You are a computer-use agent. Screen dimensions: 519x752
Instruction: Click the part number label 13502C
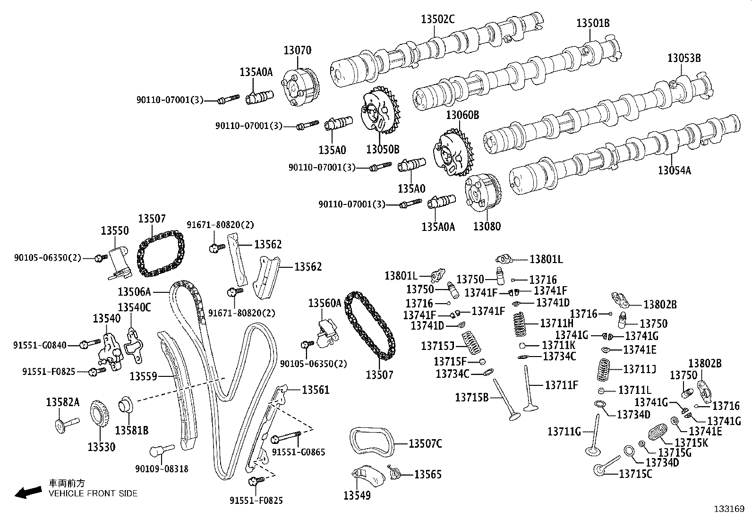(x=437, y=19)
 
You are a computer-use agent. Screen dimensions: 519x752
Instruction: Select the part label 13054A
(x=674, y=170)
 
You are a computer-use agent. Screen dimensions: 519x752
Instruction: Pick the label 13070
(x=297, y=50)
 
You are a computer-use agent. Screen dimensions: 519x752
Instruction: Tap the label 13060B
(x=463, y=115)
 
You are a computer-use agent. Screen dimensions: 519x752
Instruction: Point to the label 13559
(x=143, y=376)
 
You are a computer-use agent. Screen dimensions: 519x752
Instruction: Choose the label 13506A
(x=134, y=292)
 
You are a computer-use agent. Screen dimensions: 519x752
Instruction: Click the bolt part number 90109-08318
(x=162, y=469)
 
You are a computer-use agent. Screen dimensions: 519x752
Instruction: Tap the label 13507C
(x=425, y=443)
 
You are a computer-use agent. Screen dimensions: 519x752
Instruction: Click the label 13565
(x=428, y=475)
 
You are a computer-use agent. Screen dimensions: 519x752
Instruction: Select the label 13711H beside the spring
(x=556, y=323)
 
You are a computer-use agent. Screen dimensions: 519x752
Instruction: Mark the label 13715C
(x=635, y=474)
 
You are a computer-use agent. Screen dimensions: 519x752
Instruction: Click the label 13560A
(x=325, y=303)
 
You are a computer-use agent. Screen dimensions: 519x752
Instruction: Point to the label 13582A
(x=63, y=402)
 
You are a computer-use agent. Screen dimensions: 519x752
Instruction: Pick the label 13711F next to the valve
(x=562, y=385)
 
